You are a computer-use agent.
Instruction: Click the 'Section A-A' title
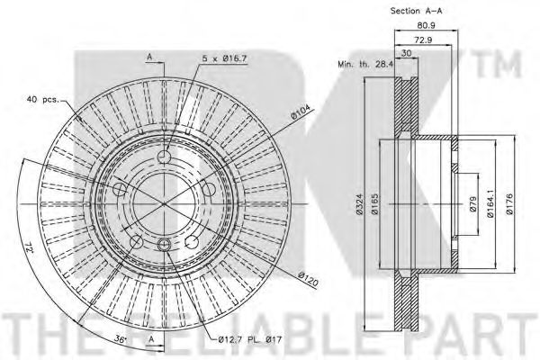[x=416, y=11]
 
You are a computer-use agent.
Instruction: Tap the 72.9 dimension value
[x=424, y=40]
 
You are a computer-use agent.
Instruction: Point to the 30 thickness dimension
[x=407, y=53]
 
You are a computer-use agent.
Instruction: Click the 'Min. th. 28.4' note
[x=365, y=64]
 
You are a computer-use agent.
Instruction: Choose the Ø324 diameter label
[x=359, y=204]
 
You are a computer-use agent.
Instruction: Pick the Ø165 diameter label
[x=375, y=204]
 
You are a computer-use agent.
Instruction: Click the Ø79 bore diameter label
[x=472, y=204]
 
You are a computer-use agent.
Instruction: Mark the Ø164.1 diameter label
[x=490, y=204]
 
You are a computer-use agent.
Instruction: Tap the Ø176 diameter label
[x=509, y=204]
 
